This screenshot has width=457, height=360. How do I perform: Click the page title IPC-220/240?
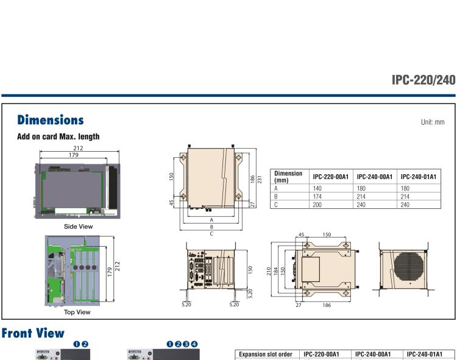click(423, 80)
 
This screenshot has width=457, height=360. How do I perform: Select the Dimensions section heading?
click(51, 120)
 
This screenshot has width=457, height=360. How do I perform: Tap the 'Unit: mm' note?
click(433, 122)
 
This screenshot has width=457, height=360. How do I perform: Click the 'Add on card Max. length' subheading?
click(58, 136)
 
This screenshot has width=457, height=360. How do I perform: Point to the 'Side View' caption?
click(78, 227)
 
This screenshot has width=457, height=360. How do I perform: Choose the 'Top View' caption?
click(77, 312)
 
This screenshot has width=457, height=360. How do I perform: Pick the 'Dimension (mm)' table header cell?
click(288, 177)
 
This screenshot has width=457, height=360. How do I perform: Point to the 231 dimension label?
click(260, 180)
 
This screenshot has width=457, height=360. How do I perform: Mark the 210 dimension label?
click(269, 270)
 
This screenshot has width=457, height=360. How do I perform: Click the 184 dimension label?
click(275, 270)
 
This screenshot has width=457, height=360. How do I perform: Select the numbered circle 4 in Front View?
click(194, 344)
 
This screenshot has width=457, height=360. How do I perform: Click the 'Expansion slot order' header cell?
click(265, 355)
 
